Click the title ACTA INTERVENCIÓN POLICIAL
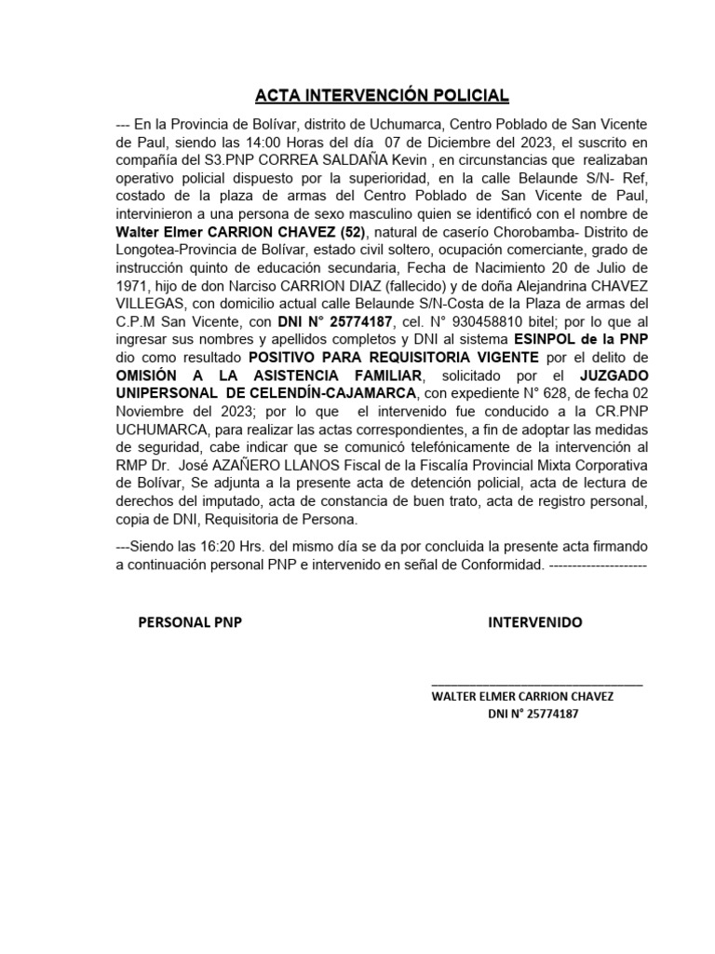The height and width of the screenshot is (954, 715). point(383,96)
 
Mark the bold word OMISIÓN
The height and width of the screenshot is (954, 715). point(149,375)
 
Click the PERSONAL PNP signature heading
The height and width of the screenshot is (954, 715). point(190,622)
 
